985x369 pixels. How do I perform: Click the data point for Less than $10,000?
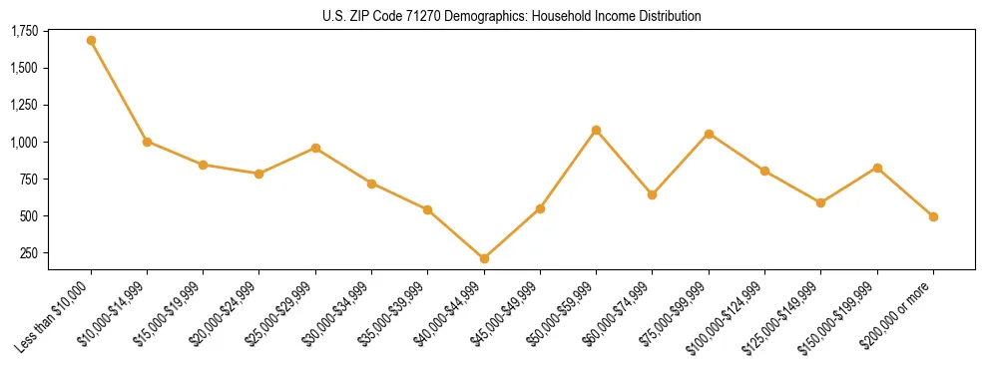[x=91, y=41]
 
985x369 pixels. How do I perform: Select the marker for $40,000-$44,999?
[x=484, y=258]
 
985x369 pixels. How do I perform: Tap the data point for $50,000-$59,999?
[x=596, y=130]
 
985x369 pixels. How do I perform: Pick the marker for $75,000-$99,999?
[x=709, y=134]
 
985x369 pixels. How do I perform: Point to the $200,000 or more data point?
[x=933, y=216]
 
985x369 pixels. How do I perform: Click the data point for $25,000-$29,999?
[x=315, y=148]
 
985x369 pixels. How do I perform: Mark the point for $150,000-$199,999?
[x=877, y=168]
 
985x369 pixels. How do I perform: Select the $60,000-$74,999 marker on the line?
[x=652, y=194]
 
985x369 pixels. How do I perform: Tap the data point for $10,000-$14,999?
[x=147, y=142]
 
